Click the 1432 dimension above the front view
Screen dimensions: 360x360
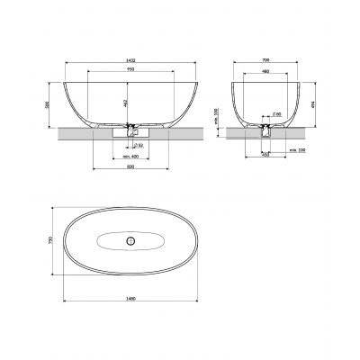(x=132, y=61)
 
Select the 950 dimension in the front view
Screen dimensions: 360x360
(x=132, y=69)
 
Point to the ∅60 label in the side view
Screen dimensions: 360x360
(x=279, y=115)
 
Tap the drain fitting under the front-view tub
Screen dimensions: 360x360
(x=132, y=128)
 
